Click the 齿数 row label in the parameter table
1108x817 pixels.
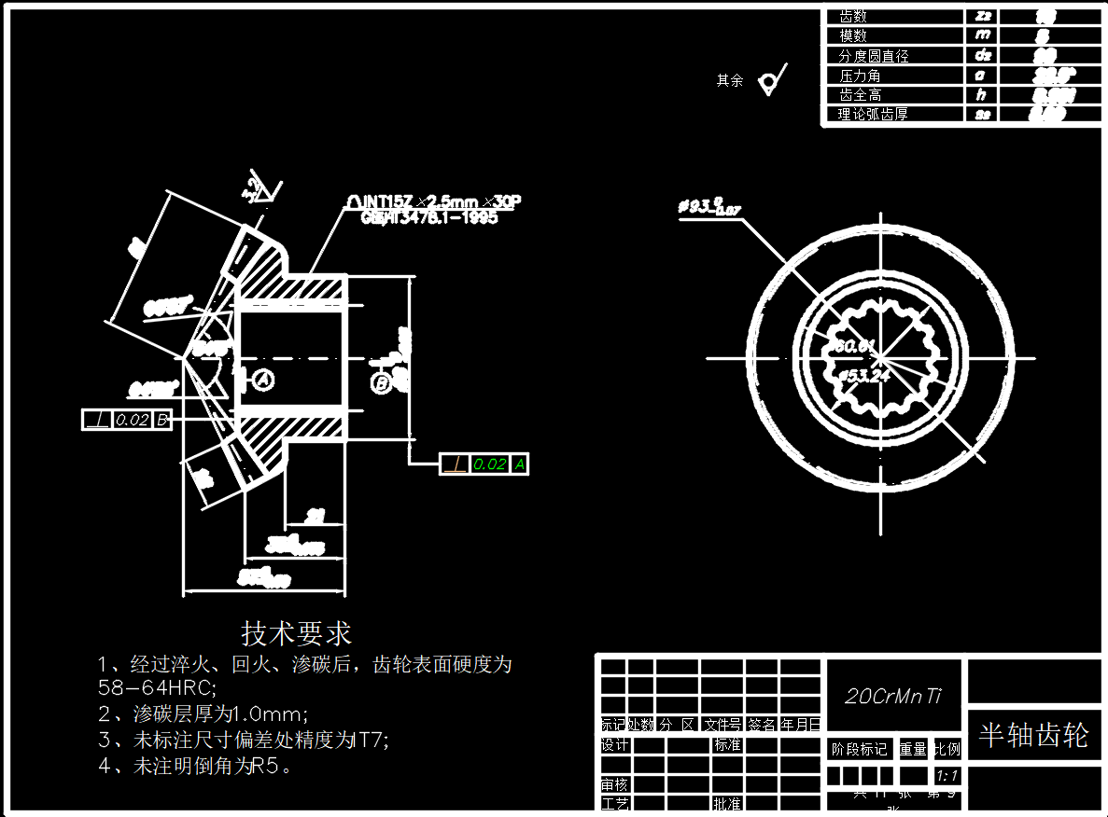click(x=853, y=16)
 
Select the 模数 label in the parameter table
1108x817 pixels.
click(x=853, y=35)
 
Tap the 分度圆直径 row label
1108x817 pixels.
click(x=873, y=56)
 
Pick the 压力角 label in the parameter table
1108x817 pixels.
click(x=860, y=76)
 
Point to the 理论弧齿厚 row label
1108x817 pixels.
click(x=873, y=115)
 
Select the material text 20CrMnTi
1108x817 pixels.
click(x=893, y=696)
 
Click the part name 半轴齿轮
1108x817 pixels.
click(x=1033, y=735)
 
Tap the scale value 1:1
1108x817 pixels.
click(x=947, y=776)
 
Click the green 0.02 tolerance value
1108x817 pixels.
click(x=490, y=464)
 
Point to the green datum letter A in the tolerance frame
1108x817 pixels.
click(x=519, y=464)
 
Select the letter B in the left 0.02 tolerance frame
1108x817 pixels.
click(x=161, y=420)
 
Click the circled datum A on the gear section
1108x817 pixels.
click(x=262, y=380)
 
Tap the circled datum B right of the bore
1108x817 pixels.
click(x=381, y=382)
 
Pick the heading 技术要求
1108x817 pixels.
click(x=297, y=633)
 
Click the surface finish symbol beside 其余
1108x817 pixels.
click(x=772, y=80)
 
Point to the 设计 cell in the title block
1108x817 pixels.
click(x=614, y=745)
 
